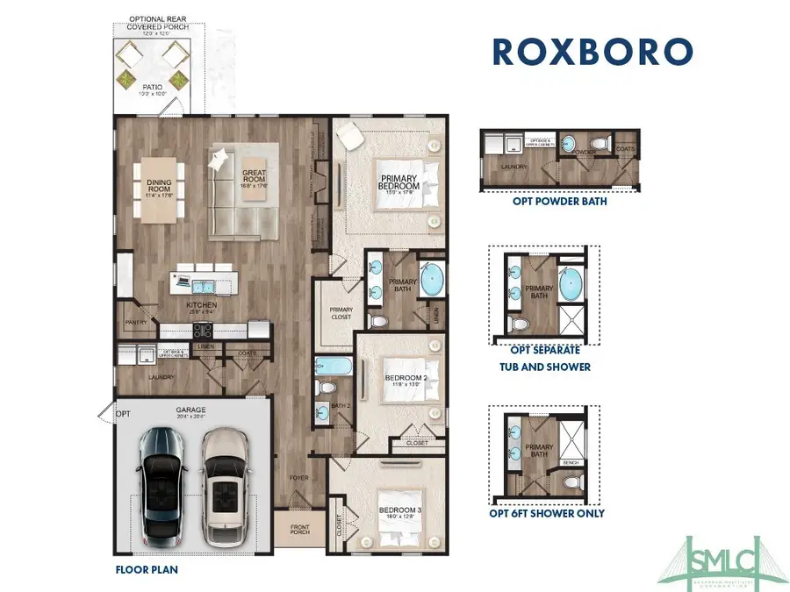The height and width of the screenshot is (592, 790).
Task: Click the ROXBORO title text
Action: click(592, 51)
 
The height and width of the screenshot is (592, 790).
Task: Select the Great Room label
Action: click(255, 179)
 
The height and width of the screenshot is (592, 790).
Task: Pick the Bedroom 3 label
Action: click(397, 511)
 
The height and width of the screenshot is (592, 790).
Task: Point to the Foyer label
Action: click(299, 479)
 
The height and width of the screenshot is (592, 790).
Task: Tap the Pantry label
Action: click(136, 322)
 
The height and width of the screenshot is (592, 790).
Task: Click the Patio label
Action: click(151, 88)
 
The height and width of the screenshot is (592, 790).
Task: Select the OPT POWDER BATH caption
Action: click(559, 202)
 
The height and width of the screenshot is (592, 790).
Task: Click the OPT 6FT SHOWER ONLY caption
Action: click(546, 514)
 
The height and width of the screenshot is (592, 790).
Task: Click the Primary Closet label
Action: click(341, 311)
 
